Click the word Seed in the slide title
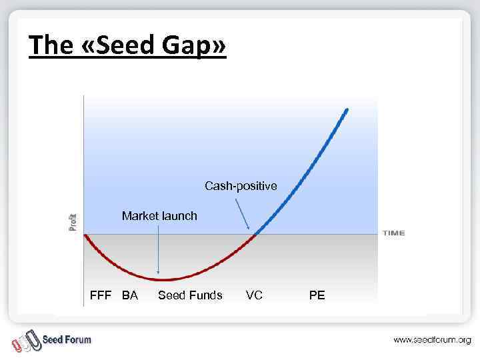coord(124,45)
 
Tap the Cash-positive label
coord(241,186)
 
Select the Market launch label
coord(159,216)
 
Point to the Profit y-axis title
coord(73,222)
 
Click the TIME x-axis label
coord(393,233)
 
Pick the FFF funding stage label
coord(101,295)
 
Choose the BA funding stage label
coord(130,295)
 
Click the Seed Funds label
coord(190,295)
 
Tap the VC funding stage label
coord(254,295)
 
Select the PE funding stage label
coord(317,295)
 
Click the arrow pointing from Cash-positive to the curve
coord(244,213)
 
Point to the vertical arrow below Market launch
coord(159,250)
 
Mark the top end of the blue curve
coord(346,110)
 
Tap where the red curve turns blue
coord(254,233)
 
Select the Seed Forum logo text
coord(67,339)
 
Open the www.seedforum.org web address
coord(432,340)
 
